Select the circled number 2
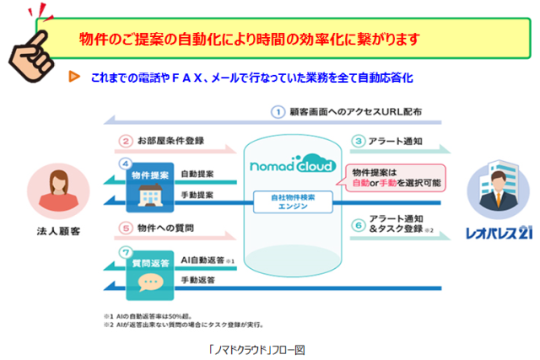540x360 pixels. [125, 141]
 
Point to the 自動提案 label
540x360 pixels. [197, 175]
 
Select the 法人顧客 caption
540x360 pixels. [58, 230]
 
